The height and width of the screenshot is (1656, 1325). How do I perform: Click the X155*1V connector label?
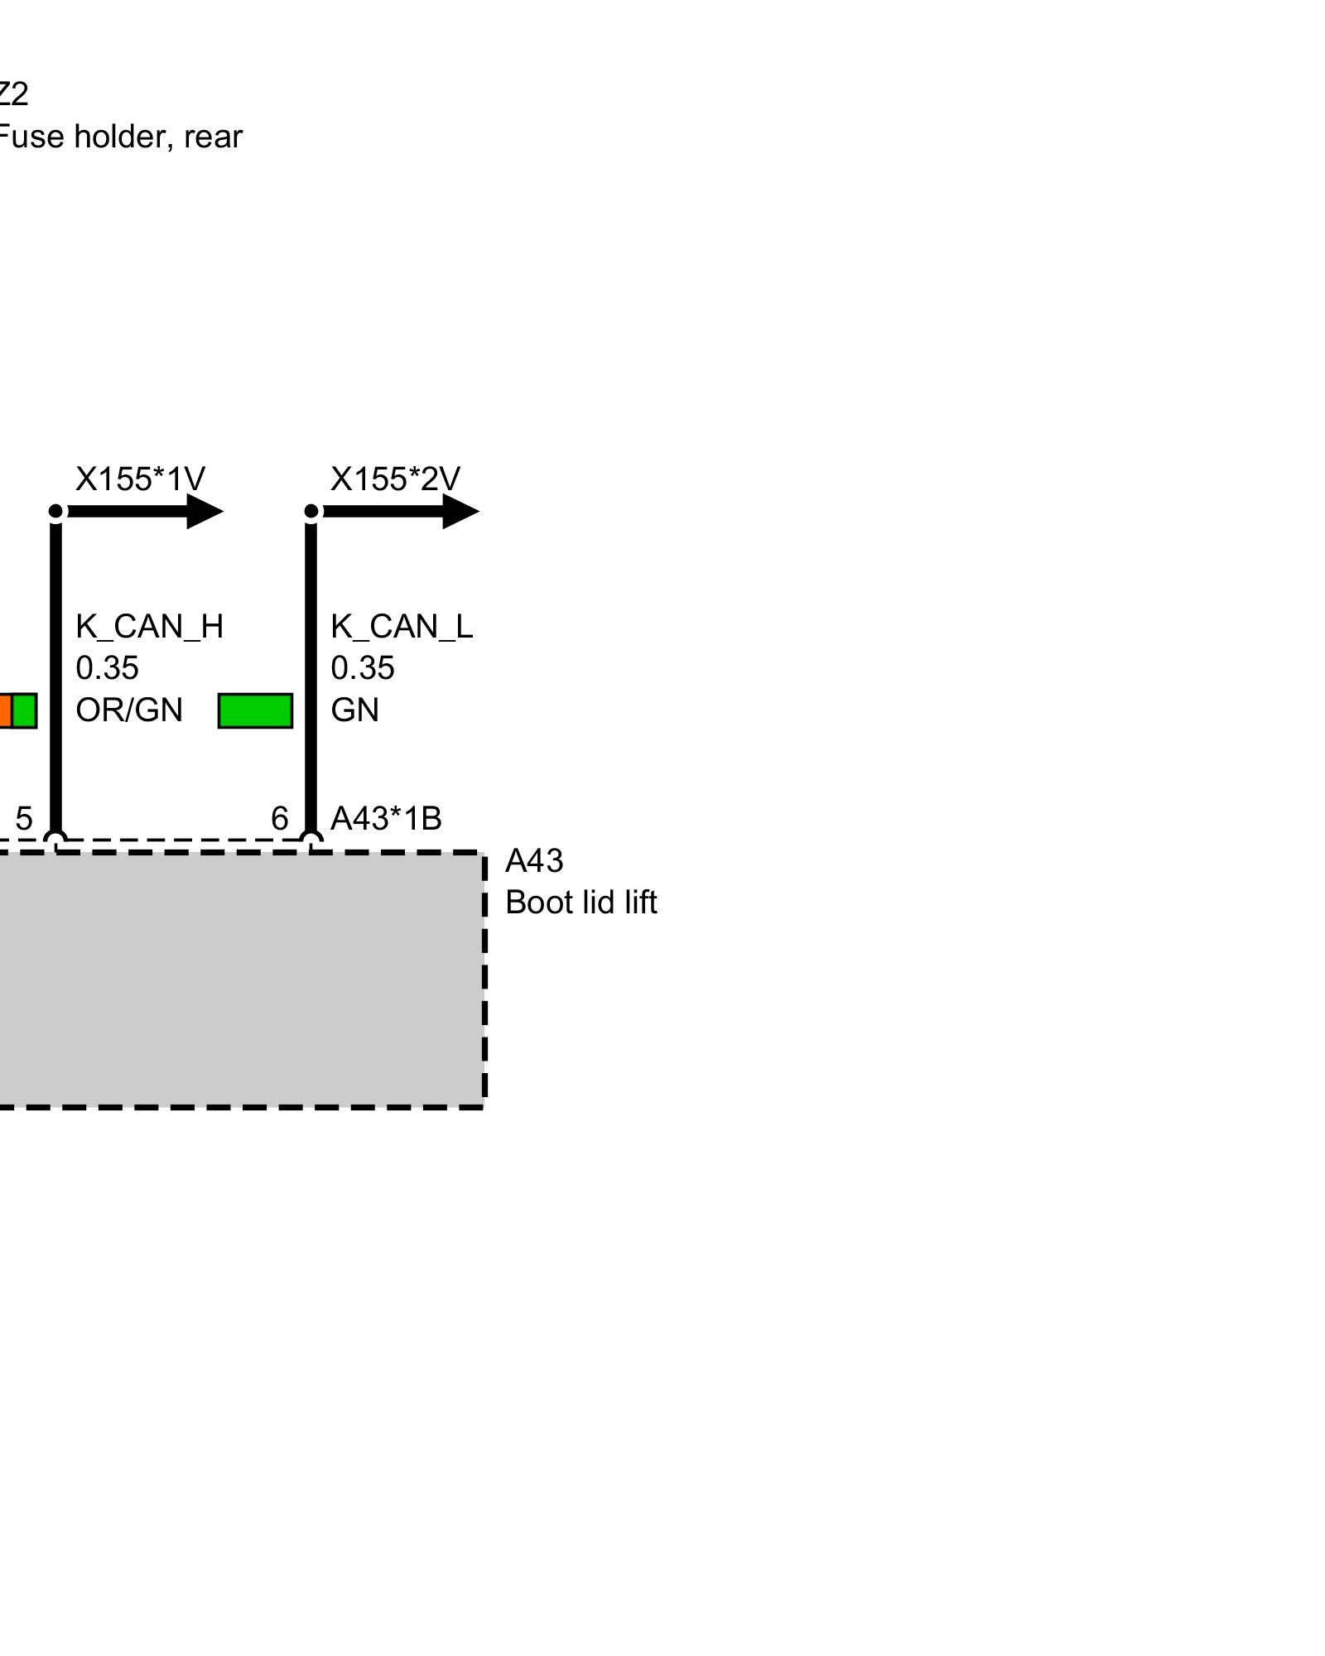pyautogui.click(x=140, y=479)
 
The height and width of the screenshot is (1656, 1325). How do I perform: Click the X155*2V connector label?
pyautogui.click(x=395, y=479)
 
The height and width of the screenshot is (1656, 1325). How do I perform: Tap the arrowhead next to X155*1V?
pyautogui.click(x=205, y=512)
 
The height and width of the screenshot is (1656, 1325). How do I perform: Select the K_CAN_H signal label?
pyautogui.click(x=150, y=627)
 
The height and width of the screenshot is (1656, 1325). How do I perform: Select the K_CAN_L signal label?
pyautogui.click(x=402, y=627)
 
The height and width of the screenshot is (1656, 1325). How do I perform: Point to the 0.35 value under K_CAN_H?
pyautogui.click(x=107, y=668)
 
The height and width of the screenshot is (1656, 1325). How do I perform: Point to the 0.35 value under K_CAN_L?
pyautogui.click(x=362, y=668)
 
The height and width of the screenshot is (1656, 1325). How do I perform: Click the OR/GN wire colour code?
pyautogui.click(x=128, y=710)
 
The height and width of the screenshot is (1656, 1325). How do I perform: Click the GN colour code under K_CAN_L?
pyautogui.click(x=354, y=710)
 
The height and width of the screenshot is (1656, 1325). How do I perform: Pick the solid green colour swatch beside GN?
pyautogui.click(x=255, y=711)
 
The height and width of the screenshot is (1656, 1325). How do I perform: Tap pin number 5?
pyautogui.click(x=24, y=819)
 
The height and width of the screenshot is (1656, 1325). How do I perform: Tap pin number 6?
pyautogui.click(x=280, y=819)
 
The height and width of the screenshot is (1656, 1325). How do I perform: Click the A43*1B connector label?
pyautogui.click(x=386, y=819)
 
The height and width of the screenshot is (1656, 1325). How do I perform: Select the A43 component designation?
pyautogui.click(x=534, y=862)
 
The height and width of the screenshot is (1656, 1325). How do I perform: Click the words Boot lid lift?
pyautogui.click(x=581, y=903)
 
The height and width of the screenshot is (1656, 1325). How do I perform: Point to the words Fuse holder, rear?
pyautogui.click(x=120, y=137)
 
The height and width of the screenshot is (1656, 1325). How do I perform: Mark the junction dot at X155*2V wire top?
pyautogui.click(x=311, y=512)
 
